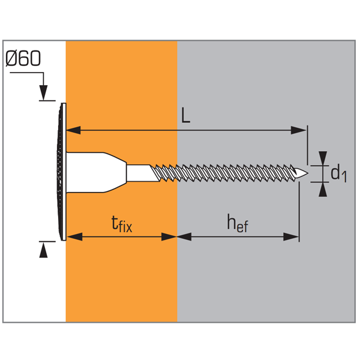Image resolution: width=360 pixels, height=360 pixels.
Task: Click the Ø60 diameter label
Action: [x=23, y=59]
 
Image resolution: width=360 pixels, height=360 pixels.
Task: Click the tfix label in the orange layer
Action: [x=122, y=224]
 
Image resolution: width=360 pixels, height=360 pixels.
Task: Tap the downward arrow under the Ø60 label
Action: [x=43, y=94]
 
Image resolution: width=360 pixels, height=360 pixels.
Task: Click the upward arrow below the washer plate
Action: [x=43, y=250]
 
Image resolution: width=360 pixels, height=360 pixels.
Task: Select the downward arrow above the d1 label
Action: [x=323, y=158]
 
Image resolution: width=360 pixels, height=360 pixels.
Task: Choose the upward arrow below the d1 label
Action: [x=323, y=189]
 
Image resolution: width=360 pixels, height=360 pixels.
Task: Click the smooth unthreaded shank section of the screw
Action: [x=139, y=172]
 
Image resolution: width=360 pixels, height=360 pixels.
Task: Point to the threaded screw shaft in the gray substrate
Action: [x=240, y=173]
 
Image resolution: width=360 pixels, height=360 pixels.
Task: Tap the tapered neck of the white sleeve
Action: [x=116, y=172]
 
